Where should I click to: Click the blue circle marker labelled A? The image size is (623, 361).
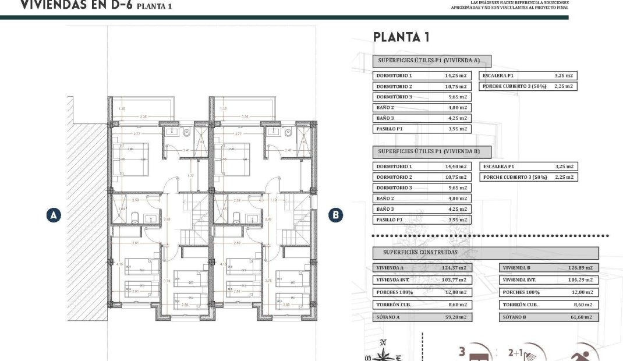54,215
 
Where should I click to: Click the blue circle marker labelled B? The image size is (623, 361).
335,215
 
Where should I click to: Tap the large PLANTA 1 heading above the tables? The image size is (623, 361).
401,38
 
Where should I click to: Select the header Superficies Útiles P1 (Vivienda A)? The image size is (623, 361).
431,61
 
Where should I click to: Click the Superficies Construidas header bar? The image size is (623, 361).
485,253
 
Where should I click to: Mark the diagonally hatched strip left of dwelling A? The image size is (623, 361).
87,210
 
